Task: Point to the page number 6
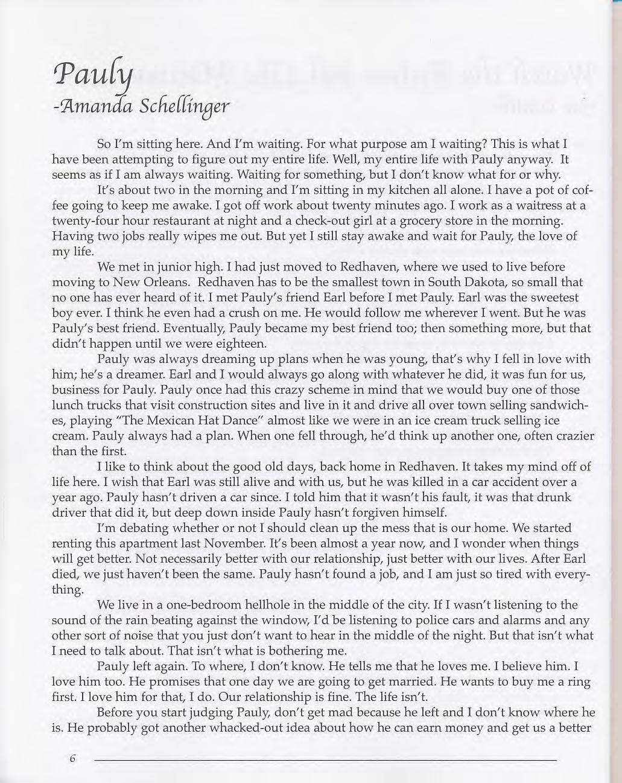[x=72, y=759]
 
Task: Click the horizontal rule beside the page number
[x=326, y=759]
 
